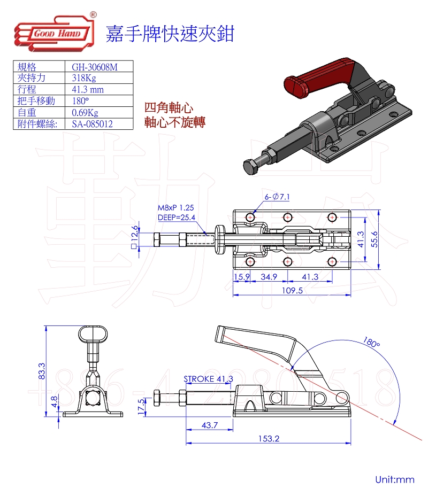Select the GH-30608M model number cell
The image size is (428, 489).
tap(94, 67)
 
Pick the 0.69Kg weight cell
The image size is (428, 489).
tap(85, 112)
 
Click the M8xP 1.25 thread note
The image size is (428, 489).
tap(175, 207)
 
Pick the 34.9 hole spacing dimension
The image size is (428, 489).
tap(268, 276)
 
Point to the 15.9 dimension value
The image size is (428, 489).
tap(242, 276)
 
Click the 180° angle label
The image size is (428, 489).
tap(370, 340)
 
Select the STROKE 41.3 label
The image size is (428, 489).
tap(208, 379)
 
